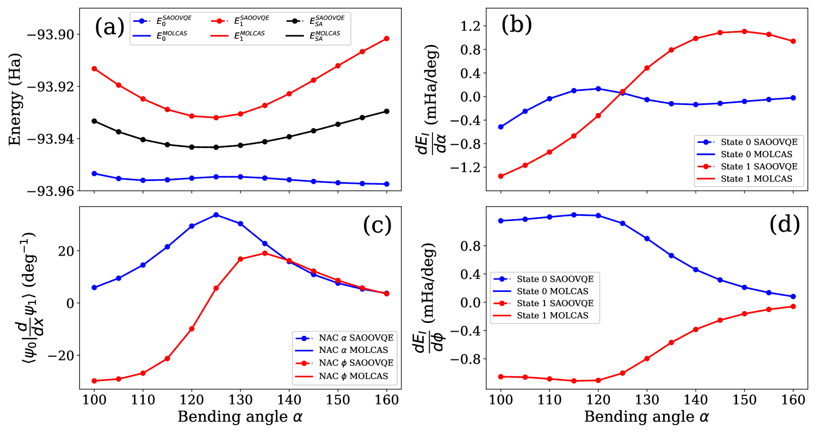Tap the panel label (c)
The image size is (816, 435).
point(378,225)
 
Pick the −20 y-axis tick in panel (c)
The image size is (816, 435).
point(64,355)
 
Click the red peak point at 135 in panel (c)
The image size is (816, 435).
point(264,253)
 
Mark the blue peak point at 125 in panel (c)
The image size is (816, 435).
point(216,215)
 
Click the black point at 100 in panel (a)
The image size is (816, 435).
point(94,121)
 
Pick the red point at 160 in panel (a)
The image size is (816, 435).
point(386,38)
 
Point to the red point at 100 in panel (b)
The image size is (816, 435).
point(500,176)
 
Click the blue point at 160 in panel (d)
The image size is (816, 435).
point(793,296)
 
